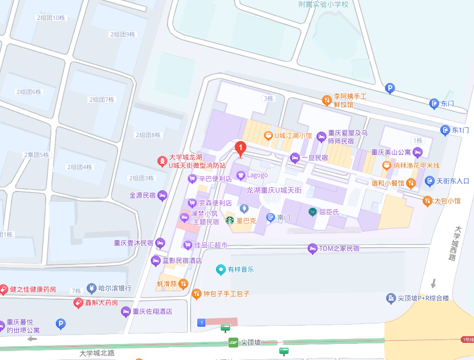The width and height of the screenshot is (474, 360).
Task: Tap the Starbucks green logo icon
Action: pos(229,220)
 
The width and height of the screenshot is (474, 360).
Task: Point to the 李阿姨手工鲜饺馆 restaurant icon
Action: pos(327,100)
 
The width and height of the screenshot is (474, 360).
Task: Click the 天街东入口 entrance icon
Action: pos(430,181)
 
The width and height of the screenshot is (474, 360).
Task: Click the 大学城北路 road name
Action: pos(97,353)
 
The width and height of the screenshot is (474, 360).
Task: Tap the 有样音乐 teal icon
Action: pos(221,269)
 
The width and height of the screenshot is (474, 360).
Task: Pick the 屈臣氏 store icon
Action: pos(313,211)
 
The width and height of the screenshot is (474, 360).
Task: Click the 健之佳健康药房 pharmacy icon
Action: pos(4,289)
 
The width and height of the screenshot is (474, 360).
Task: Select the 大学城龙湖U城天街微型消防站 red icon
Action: pos(162,161)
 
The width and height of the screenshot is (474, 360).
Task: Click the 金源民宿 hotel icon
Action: pos(162,195)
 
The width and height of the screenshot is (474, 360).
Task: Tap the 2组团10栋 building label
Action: pos(51,18)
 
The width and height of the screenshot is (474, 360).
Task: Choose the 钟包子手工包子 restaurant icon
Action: pos(196,294)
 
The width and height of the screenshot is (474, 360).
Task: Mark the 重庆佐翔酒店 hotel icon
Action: pos(126,311)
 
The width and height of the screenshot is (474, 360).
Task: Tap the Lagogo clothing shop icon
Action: pos(240,175)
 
